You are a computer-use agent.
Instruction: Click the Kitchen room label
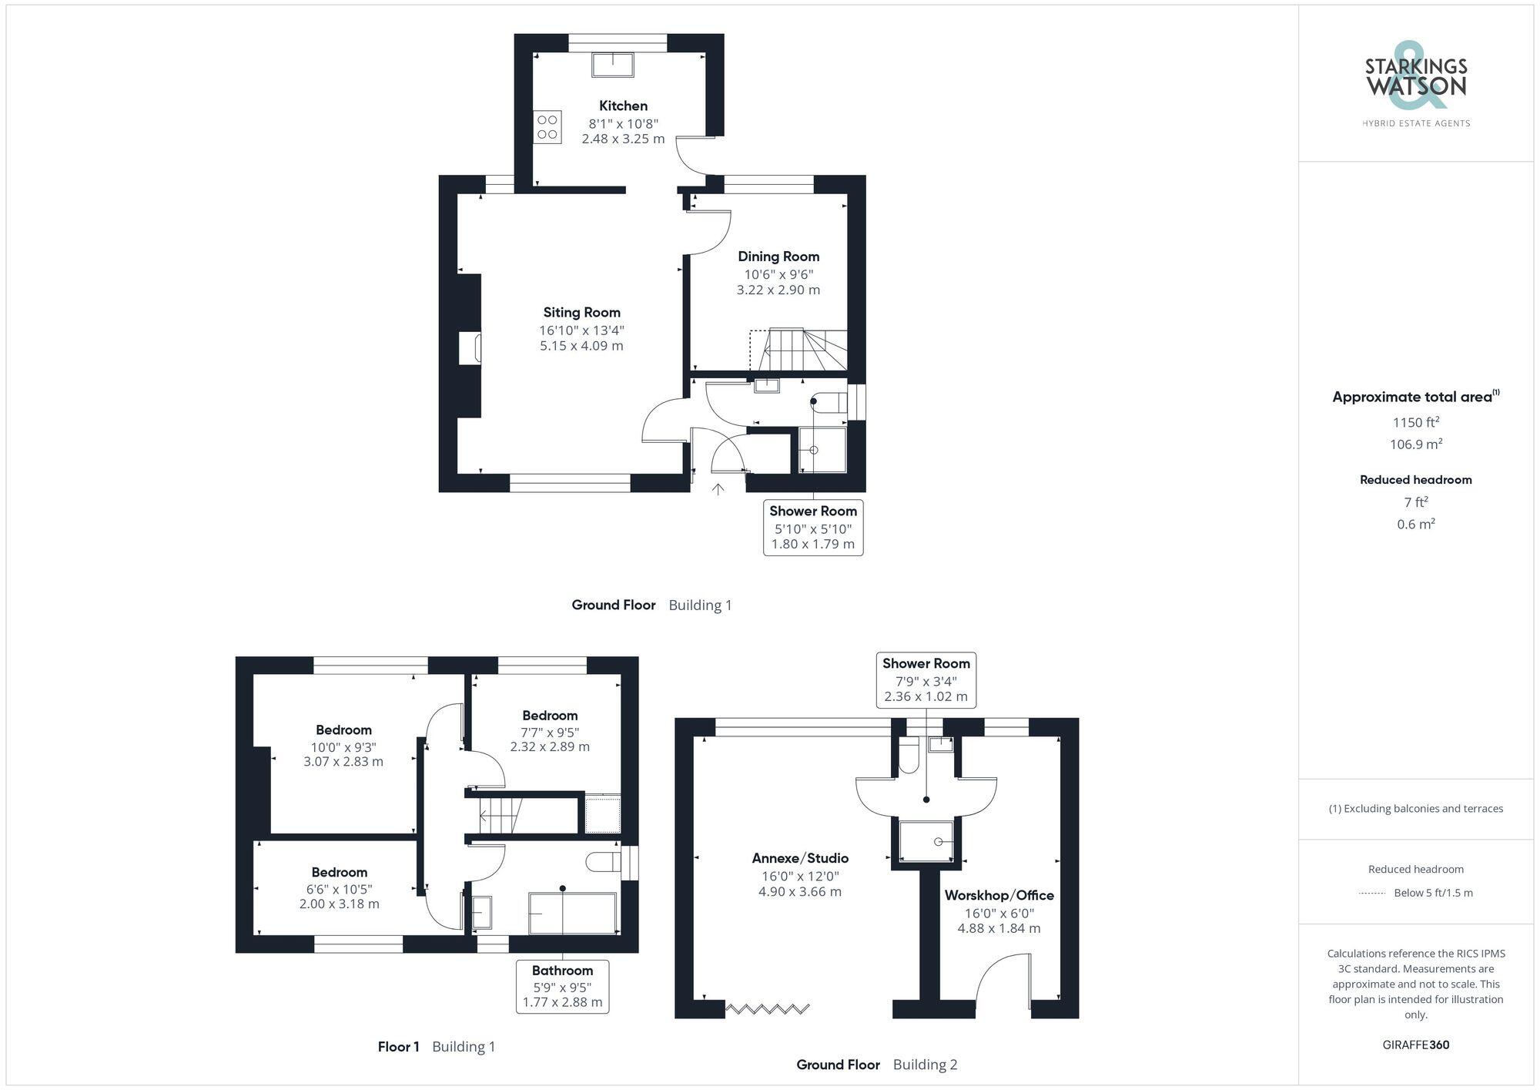pos(623,106)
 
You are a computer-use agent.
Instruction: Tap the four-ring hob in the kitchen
pos(547,127)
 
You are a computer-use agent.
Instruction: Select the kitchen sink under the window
pos(613,65)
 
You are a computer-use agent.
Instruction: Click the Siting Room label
pos(581,313)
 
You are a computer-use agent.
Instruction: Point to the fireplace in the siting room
pos(470,347)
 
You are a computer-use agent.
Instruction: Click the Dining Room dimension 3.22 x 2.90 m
pos(778,290)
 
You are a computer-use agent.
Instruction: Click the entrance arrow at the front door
pos(718,488)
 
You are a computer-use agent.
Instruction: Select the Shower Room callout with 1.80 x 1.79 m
pos(813,527)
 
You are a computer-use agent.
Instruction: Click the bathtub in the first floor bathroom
pos(572,914)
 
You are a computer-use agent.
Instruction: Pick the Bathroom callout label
pos(562,971)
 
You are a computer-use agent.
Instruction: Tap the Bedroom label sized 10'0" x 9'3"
pos(343,730)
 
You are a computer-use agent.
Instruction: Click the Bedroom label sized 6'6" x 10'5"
pos(339,873)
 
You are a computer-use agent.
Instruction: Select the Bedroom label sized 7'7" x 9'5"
pos(549,716)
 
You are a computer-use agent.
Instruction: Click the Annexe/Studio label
pos(800,858)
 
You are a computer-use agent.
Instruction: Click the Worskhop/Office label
pos(999,895)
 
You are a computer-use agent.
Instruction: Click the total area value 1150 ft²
pos(1415,422)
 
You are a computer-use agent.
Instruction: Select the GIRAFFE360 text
pos(1415,1045)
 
